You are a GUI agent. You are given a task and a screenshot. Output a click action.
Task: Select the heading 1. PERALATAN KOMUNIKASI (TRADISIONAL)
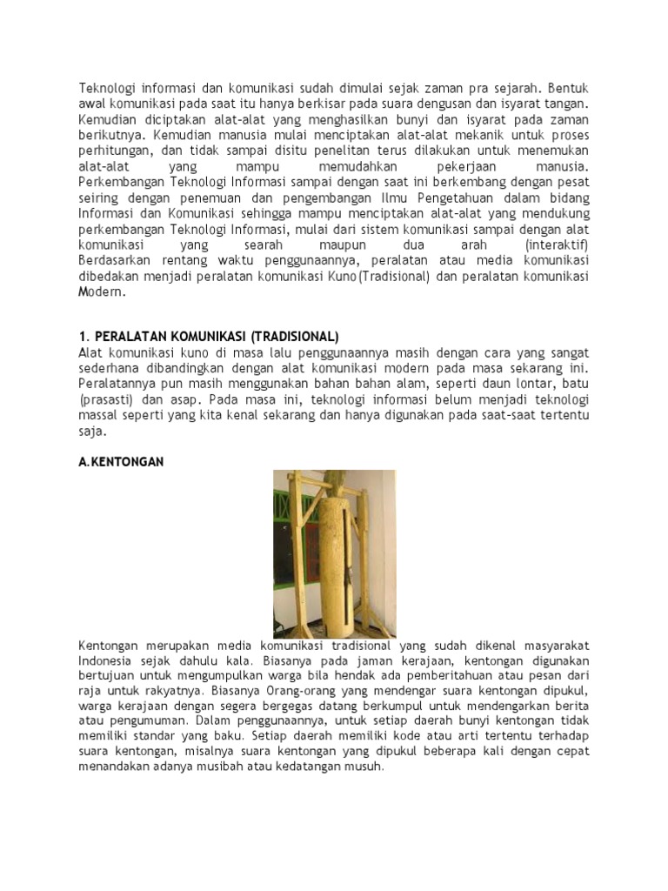(x=209, y=336)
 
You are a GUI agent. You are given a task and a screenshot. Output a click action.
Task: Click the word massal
(x=98, y=415)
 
